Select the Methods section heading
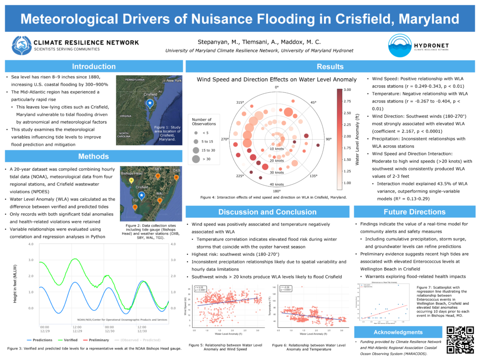pos(94,157)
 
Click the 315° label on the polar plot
pos(240,102)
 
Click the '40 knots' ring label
pos(276,184)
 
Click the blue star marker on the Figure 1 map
pos(150,103)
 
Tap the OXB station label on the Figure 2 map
pos(176,170)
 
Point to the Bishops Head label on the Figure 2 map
pos(132,173)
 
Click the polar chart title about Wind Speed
pos(277,80)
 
